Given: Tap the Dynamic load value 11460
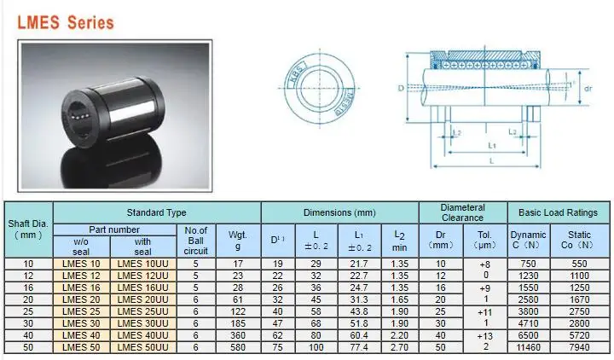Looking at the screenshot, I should click(528, 348).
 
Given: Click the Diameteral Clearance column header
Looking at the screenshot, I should click(463, 212).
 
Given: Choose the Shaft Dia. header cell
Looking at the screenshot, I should click(29, 229).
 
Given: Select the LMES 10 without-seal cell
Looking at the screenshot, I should click(83, 264).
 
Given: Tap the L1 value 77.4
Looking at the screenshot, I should click(359, 348).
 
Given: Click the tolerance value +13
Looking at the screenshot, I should click(484, 336).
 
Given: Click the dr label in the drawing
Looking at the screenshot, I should click(587, 88).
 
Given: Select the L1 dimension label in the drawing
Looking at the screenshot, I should click(492, 146).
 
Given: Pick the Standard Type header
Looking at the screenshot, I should click(156, 212).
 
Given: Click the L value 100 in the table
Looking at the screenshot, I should click(317, 348).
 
